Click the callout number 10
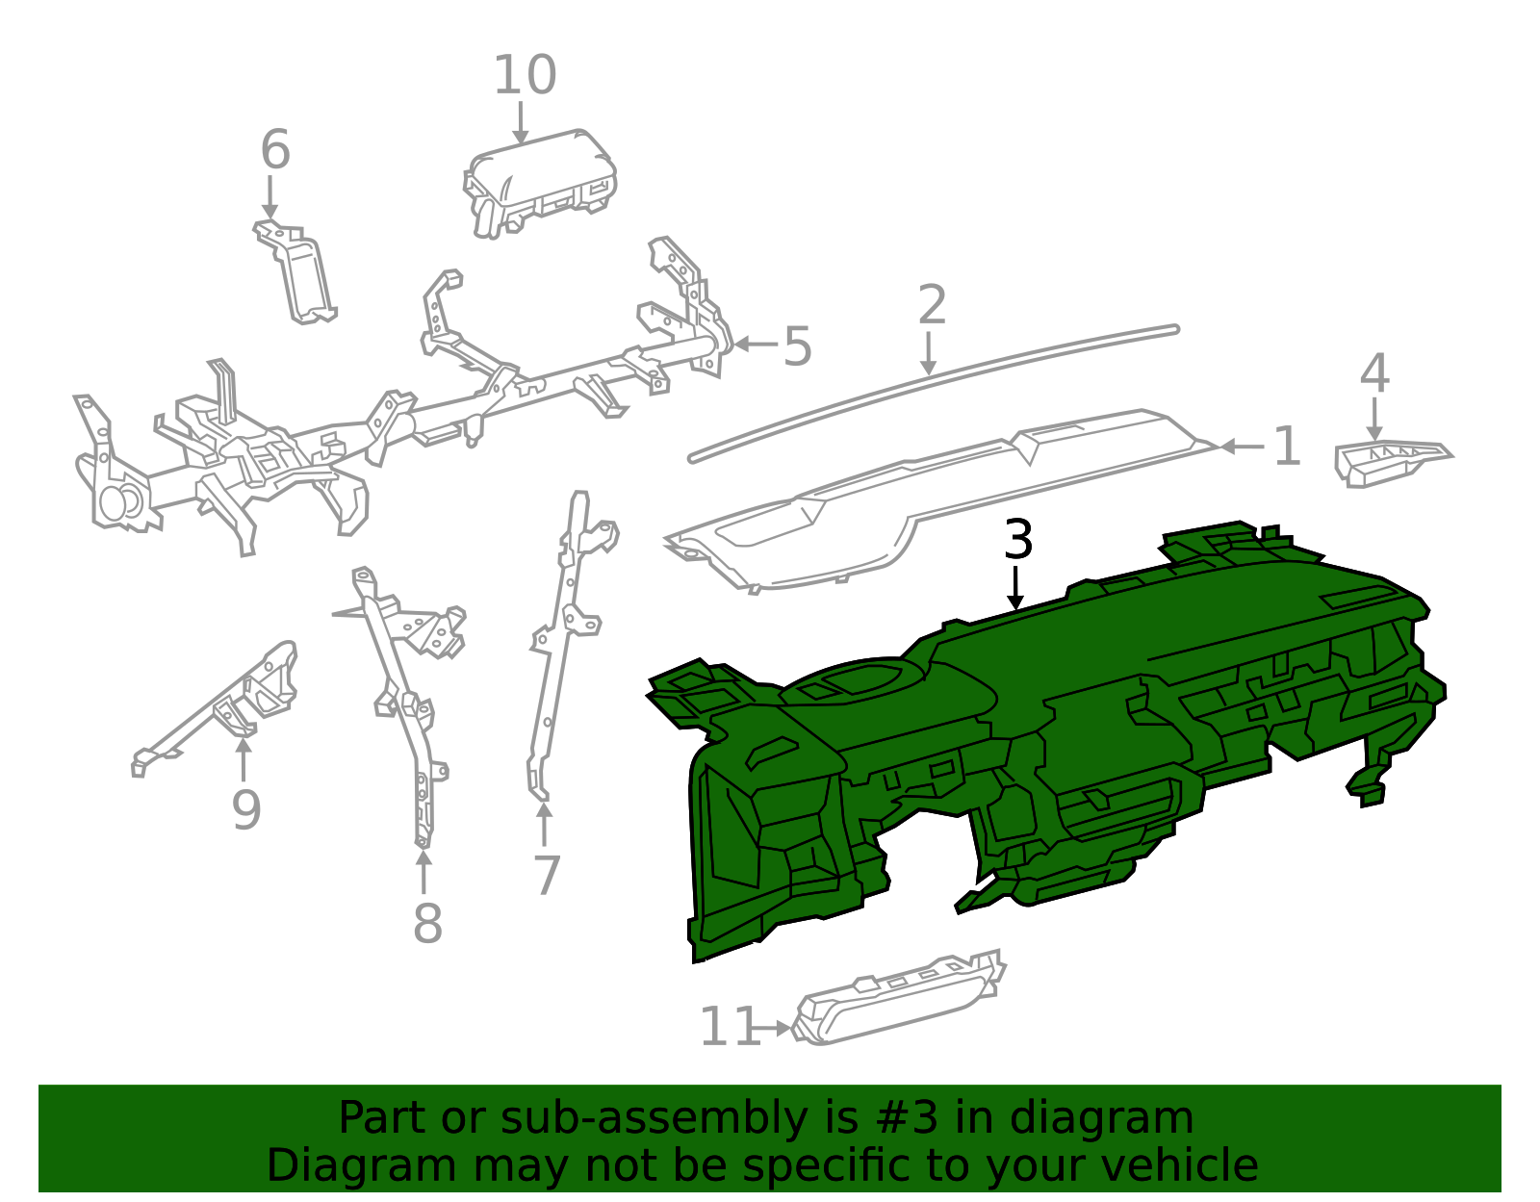point(525,75)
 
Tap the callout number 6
point(275,149)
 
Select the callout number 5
point(797,346)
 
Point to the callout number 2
point(932,305)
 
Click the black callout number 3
point(1017,539)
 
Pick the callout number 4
point(1374,372)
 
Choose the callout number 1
point(1287,447)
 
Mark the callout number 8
point(427,923)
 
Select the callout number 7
point(547,875)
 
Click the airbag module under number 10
point(540,183)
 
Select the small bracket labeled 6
point(295,272)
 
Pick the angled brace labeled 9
point(214,708)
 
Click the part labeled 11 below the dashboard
point(898,997)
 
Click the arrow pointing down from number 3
point(1015,588)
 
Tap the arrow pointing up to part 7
point(544,824)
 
